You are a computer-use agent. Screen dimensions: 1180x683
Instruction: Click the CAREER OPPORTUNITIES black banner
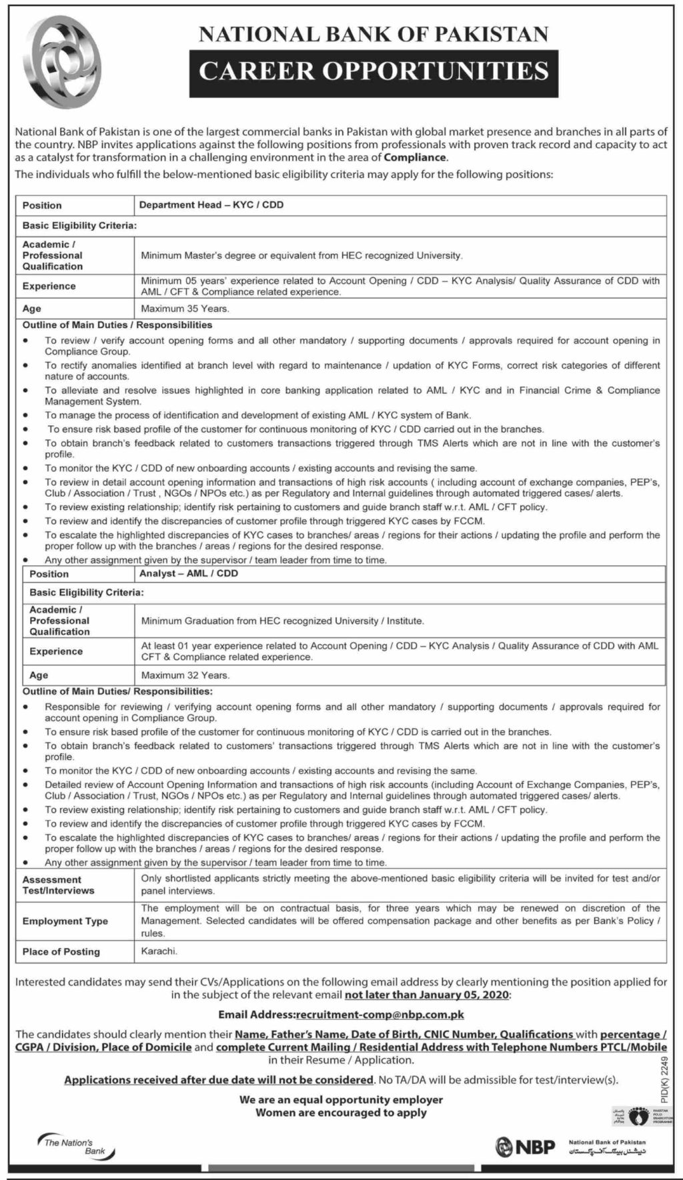(374, 71)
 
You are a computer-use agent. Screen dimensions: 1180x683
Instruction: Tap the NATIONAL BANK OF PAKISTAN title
(374, 34)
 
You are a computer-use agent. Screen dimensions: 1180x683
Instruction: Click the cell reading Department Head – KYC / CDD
(211, 205)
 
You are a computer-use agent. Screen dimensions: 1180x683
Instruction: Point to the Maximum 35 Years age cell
(185, 309)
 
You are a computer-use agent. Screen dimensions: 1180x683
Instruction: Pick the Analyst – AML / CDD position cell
(189, 573)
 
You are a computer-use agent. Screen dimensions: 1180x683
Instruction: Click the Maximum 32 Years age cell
(185, 675)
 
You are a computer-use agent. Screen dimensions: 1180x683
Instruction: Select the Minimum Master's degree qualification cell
(301, 255)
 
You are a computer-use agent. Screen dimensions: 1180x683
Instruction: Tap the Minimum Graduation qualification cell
(282, 621)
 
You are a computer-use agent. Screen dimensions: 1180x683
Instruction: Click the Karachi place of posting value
(159, 951)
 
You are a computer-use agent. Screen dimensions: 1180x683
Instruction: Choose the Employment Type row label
(65, 921)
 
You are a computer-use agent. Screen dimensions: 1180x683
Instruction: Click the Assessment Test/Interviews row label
(59, 885)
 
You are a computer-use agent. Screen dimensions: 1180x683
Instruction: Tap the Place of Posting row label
(61, 951)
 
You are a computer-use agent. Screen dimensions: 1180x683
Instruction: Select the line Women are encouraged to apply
(341, 1113)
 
